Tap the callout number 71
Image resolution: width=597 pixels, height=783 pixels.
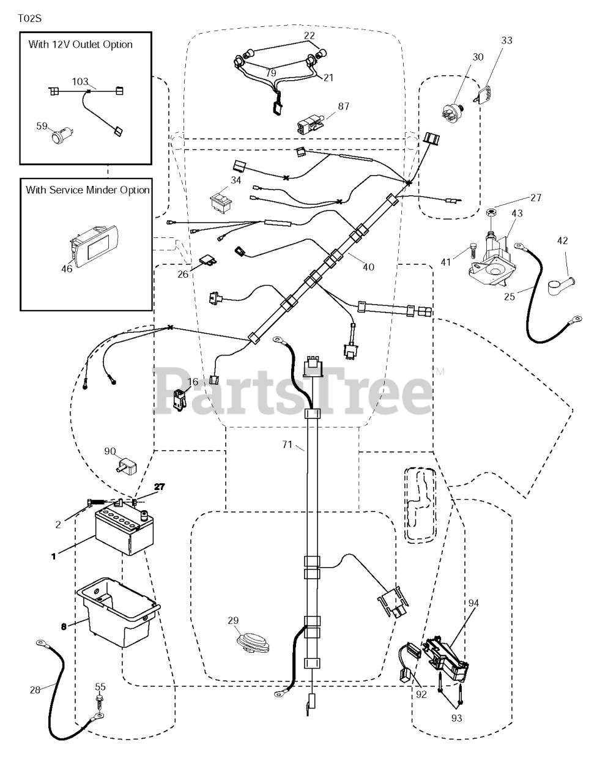287,445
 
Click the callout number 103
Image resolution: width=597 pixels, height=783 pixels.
81,81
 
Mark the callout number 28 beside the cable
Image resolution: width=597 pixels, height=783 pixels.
35,689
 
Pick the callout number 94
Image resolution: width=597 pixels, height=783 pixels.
473,603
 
